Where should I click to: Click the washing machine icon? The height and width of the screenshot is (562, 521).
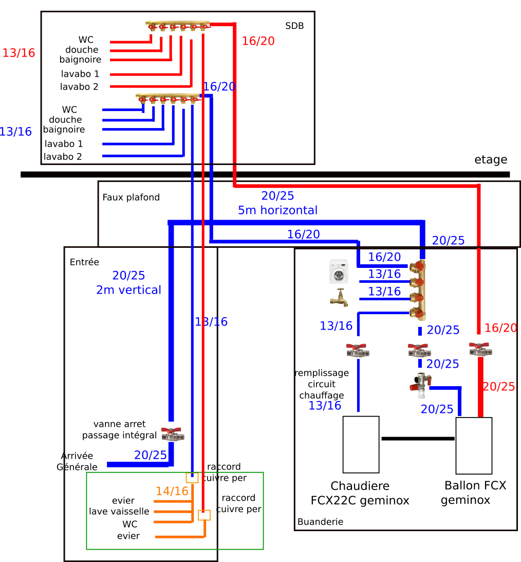tap(339, 274)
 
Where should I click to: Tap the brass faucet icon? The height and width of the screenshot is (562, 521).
tap(339, 299)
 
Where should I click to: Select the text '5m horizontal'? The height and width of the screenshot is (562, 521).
tap(277, 210)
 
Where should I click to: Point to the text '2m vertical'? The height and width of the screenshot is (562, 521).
tap(128, 290)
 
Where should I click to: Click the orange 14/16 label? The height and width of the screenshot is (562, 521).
tap(172, 491)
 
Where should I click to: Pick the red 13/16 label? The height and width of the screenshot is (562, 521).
tap(18, 53)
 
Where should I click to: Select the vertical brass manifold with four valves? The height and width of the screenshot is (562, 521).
tap(417, 290)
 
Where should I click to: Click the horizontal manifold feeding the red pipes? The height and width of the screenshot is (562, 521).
tap(177, 25)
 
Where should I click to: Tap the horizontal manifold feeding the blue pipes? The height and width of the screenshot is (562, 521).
tap(168, 97)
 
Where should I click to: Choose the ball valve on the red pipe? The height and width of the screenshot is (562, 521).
tap(480, 349)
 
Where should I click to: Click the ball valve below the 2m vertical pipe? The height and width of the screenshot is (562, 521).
tap(173, 434)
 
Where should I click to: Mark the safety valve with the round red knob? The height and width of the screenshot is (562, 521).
tap(420, 385)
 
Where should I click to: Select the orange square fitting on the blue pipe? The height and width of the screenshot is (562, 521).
tap(192, 478)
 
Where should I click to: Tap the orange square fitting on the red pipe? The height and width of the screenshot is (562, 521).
tap(204, 515)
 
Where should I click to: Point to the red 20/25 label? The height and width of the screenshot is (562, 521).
tap(498, 387)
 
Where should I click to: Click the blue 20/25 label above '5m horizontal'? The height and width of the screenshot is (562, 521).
tap(277, 196)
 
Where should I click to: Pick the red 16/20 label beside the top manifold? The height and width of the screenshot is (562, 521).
tap(258, 41)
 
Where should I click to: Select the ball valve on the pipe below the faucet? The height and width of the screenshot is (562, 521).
tap(358, 350)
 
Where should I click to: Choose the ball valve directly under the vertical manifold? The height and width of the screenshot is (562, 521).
tap(419, 350)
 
